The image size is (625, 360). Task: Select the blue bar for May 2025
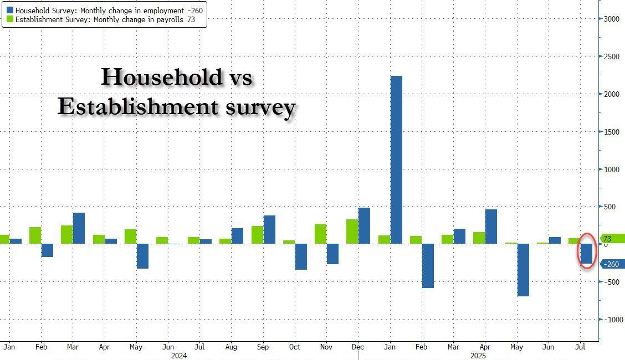pyautogui.click(x=522, y=270)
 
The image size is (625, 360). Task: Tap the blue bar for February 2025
pyautogui.click(x=428, y=266)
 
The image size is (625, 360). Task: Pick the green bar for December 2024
pyautogui.click(x=352, y=232)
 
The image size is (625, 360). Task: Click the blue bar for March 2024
pyautogui.click(x=79, y=228)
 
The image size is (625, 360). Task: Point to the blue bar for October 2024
pyautogui.click(x=301, y=256)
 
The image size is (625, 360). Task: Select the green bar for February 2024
pyautogui.click(x=35, y=235)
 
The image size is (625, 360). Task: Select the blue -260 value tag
pyautogui.click(x=611, y=264)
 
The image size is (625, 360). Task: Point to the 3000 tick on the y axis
pyautogui.click(x=611, y=18)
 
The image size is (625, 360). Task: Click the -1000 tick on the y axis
pyautogui.click(x=611, y=320)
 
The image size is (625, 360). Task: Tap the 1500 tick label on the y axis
pyautogui.click(x=611, y=132)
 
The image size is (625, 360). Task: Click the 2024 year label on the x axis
pyautogui.click(x=179, y=355)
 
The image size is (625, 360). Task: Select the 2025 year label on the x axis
pyautogui.click(x=478, y=355)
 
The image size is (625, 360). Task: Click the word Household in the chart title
pyautogui.click(x=161, y=77)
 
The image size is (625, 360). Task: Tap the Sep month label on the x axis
pyautogui.click(x=263, y=347)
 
